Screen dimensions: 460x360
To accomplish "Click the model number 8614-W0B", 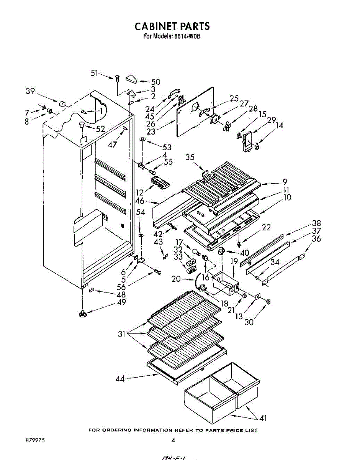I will coord(187,36).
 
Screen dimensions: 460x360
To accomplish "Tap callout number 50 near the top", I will coord(155,82).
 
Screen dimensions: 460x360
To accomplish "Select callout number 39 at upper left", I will coord(30,91).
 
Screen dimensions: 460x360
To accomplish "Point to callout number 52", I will coord(100,129).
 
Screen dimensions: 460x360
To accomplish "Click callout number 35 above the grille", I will coord(190,157).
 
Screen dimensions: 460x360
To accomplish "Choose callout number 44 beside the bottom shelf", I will coord(120,379).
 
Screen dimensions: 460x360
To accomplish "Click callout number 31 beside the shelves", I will coord(122,334).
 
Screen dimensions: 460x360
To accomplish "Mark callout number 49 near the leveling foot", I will coord(121,302).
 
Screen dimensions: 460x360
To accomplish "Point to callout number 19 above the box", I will coord(234,262).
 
